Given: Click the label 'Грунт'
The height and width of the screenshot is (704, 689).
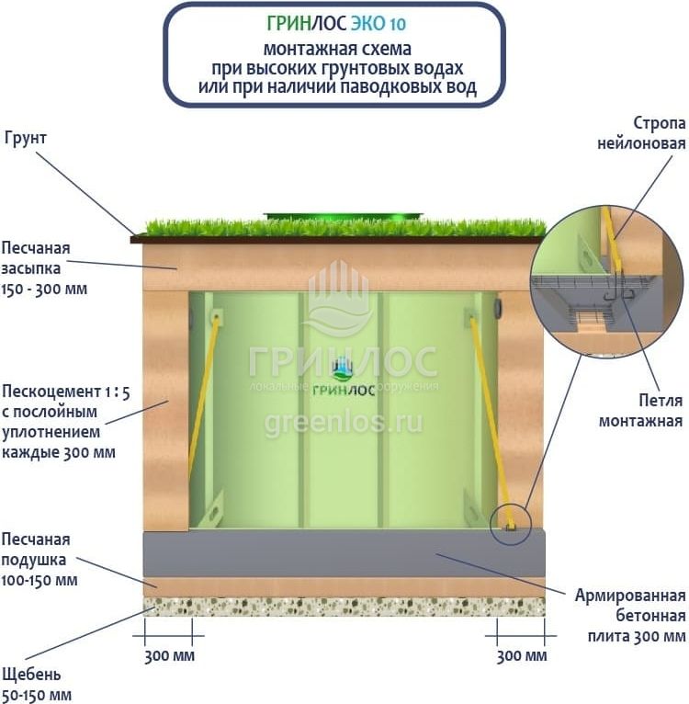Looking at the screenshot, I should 25,137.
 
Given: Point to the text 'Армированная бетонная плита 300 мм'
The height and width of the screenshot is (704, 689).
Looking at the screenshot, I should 629,615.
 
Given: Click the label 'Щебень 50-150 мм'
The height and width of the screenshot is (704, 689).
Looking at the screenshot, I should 36,683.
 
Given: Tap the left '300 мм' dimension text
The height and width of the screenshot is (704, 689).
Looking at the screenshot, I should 169,656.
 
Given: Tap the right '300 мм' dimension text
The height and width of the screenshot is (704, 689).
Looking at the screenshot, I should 521,656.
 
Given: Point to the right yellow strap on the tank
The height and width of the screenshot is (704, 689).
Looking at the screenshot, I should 490,414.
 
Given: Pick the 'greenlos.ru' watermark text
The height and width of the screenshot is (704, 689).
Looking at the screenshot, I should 343,423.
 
